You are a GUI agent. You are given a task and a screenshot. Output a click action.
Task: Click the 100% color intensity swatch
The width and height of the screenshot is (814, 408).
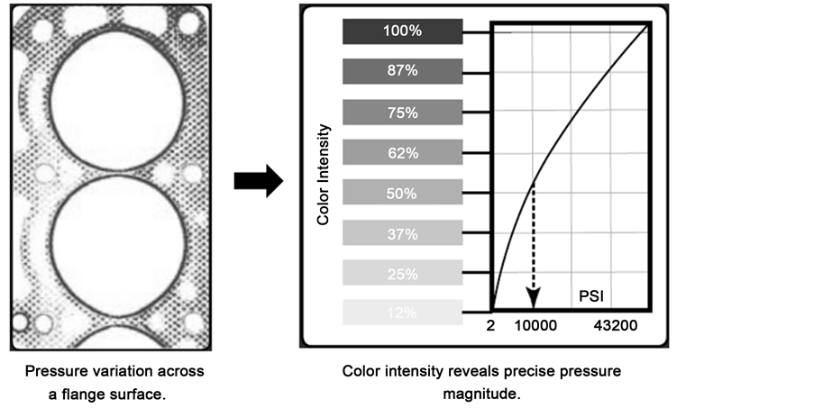click(401, 32)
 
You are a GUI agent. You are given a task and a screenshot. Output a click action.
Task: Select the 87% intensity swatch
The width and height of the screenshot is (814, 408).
click(401, 72)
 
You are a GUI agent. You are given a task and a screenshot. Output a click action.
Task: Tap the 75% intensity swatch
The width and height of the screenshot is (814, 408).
click(401, 113)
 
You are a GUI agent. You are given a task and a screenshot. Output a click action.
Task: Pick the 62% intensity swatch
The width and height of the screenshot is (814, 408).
click(401, 153)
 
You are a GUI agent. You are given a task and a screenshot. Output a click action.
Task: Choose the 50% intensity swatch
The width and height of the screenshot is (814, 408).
click(401, 193)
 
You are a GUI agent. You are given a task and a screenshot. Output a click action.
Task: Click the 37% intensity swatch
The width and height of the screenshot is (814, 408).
click(401, 233)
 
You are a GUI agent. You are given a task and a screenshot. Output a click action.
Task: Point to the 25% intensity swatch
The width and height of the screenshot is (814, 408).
click(401, 273)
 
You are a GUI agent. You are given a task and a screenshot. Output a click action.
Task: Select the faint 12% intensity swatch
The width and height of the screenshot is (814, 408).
click(401, 313)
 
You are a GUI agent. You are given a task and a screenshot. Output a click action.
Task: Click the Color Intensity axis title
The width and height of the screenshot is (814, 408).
click(325, 174)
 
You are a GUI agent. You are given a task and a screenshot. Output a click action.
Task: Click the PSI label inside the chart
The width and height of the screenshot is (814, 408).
click(590, 295)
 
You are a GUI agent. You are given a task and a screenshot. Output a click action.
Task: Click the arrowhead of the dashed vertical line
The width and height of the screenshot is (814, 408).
click(533, 302)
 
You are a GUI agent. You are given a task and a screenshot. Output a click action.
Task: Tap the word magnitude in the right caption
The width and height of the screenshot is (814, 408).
click(482, 394)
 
